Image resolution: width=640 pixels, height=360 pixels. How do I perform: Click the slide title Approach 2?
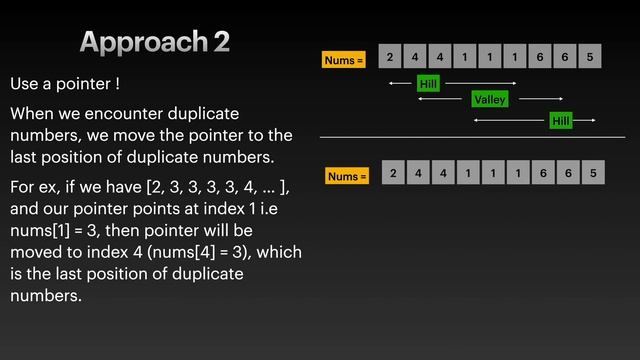(155, 42)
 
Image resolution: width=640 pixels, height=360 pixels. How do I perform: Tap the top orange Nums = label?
(344, 60)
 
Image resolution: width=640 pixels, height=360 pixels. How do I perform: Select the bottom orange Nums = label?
(347, 176)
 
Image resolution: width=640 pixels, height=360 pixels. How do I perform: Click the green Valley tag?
(490, 99)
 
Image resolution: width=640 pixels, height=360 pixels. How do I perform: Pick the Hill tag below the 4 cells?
(428, 84)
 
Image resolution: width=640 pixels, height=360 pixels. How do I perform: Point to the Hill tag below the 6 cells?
(561, 120)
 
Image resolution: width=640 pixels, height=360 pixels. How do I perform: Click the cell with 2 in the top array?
(390, 56)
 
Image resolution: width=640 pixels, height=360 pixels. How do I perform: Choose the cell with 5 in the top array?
(590, 56)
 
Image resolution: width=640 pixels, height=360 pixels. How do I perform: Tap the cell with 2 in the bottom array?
(393, 173)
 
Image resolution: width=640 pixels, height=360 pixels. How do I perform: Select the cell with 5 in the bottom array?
(593, 173)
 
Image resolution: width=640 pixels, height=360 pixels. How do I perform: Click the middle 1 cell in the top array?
(490, 56)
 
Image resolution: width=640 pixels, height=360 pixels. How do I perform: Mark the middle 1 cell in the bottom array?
(493, 173)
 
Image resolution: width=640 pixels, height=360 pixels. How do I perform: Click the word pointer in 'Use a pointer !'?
(83, 84)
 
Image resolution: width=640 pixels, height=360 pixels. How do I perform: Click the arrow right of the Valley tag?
(541, 99)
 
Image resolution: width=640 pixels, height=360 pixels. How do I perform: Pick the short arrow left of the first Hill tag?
(400, 83)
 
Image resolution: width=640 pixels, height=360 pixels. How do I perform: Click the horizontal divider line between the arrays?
(472, 138)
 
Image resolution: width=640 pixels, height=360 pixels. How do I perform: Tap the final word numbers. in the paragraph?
(46, 296)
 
